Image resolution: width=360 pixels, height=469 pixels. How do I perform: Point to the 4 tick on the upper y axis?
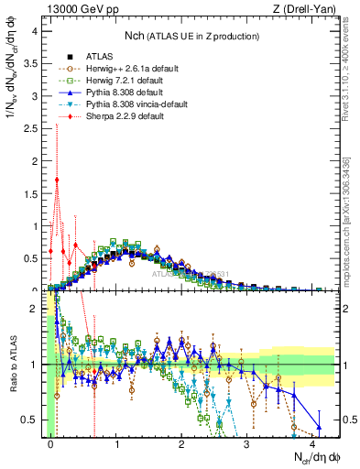pyautogui.click(x=35, y=30)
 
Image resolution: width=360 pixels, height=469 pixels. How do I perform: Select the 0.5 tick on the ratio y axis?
pyautogui.click(x=31, y=420)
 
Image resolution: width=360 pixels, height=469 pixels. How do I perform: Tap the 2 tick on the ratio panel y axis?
pyautogui.click(x=35, y=308)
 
